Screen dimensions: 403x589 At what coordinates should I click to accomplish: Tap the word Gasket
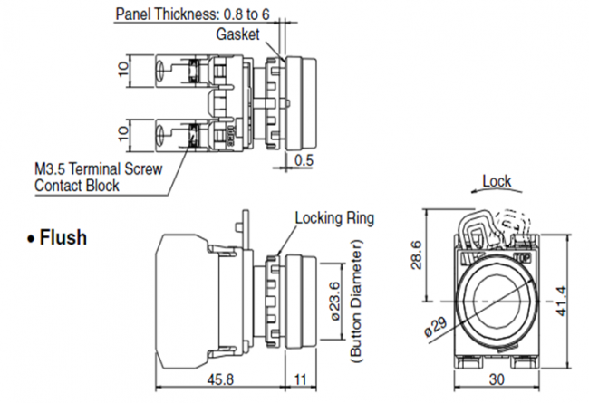[x=237, y=35]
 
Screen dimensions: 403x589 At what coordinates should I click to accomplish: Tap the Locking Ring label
[x=334, y=218]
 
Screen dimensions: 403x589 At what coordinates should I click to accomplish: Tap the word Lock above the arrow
[x=497, y=180]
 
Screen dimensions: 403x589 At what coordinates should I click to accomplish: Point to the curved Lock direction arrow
[x=490, y=193]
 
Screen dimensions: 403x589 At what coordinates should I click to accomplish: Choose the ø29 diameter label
[x=436, y=326]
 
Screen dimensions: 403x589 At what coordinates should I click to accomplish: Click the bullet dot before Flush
[x=32, y=240]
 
